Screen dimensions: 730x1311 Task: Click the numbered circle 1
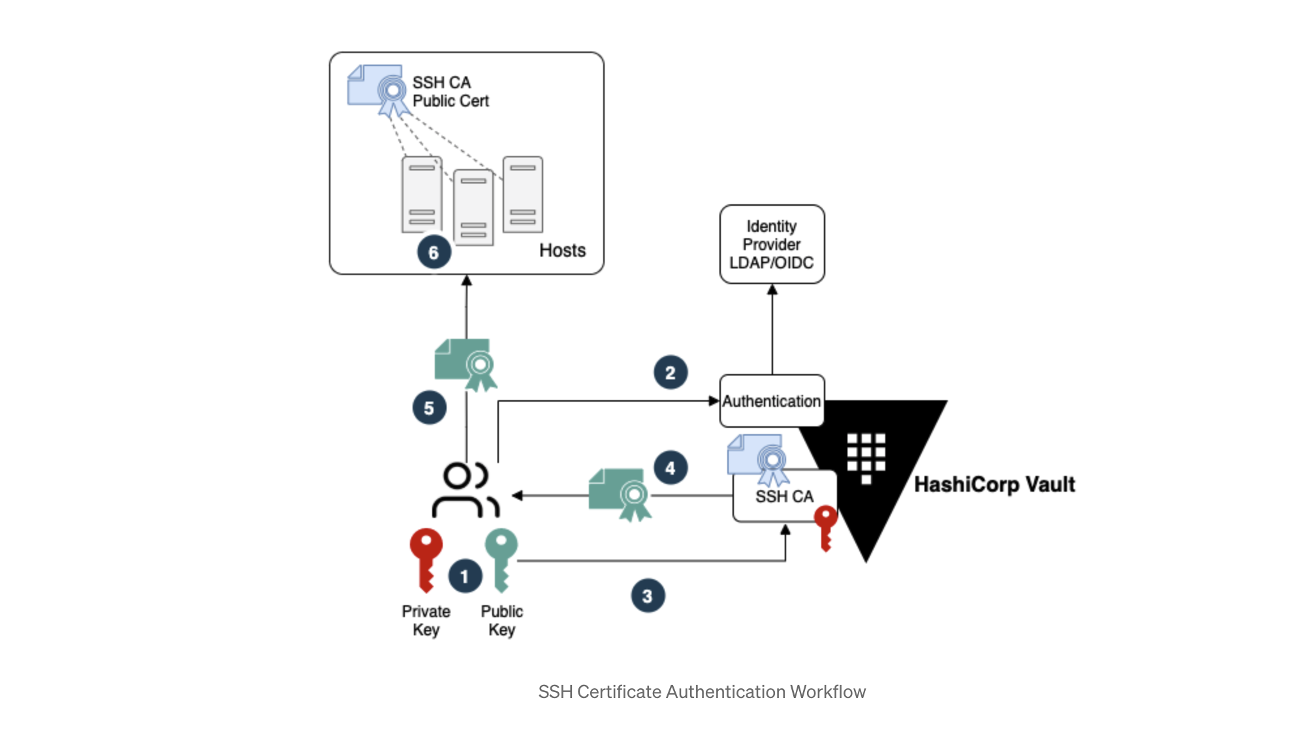(x=465, y=576)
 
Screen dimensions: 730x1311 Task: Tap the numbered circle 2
(x=671, y=372)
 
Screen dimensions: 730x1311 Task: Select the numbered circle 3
(x=648, y=595)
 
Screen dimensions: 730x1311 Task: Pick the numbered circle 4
(x=671, y=468)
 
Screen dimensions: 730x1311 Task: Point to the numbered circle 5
(x=429, y=407)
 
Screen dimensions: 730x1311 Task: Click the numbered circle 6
(x=434, y=252)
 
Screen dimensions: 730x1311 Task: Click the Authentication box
(x=772, y=401)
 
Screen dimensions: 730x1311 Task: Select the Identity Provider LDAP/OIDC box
(x=772, y=244)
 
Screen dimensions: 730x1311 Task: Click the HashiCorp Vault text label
(x=994, y=484)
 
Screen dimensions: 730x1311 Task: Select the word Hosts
(x=562, y=250)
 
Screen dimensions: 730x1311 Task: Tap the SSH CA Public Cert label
(x=450, y=91)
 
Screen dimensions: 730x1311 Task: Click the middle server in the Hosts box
(x=473, y=208)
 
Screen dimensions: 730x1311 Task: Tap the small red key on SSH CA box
(x=826, y=526)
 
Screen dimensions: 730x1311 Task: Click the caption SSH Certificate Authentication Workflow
(x=702, y=691)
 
